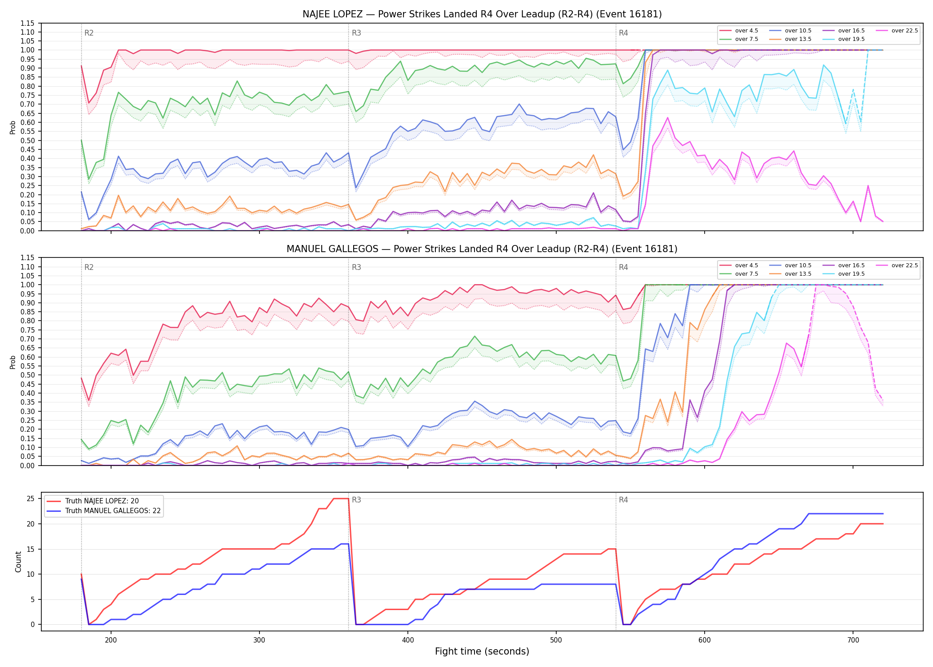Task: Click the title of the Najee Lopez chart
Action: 482,14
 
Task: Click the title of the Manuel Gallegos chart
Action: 482,249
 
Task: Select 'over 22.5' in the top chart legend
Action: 905,31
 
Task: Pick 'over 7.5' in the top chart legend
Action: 746,39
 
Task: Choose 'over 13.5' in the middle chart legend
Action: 798,274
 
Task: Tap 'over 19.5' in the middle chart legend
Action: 851,274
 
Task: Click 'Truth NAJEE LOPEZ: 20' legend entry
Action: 102,501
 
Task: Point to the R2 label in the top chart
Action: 89,33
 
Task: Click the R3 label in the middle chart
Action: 356,267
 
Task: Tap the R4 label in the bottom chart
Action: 623,500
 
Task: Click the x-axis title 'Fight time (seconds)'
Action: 482,651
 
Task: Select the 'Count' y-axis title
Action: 18,562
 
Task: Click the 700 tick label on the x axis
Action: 853,640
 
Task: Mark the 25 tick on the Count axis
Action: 30,498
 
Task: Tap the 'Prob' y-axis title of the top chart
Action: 12,127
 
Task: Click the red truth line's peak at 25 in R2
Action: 341,498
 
